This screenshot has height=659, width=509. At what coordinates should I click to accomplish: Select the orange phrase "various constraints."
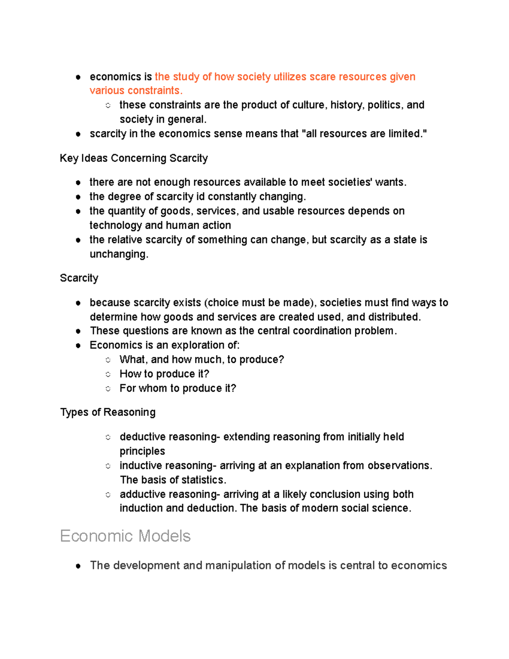click(136, 91)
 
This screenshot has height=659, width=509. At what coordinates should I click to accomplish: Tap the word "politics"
click(385, 105)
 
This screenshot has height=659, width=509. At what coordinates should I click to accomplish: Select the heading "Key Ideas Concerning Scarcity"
click(134, 158)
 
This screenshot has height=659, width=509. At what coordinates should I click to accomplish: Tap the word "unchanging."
click(119, 254)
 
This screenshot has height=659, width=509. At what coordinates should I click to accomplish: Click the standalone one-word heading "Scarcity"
click(79, 278)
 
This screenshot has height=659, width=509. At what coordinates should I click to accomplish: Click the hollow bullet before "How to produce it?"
click(108, 374)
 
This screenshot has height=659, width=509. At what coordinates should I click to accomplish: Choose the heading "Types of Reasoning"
click(108, 412)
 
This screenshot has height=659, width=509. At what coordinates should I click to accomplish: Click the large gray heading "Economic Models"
click(125, 536)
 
